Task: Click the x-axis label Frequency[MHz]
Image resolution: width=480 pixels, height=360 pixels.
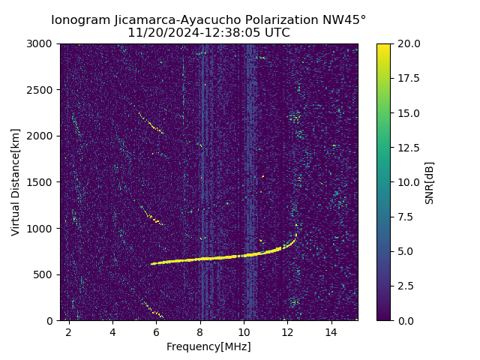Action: (208, 346)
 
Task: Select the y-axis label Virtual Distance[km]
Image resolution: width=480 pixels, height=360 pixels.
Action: (16, 181)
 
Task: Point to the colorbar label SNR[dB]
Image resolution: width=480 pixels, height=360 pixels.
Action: (430, 182)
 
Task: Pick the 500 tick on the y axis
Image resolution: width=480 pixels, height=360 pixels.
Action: (46, 274)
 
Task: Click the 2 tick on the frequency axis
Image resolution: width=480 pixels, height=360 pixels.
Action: (69, 331)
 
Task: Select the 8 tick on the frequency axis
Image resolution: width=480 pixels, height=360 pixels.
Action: (200, 331)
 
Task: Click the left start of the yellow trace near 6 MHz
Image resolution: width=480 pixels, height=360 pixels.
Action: (152, 263)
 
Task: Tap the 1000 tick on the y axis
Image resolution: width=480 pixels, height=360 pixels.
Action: (43, 228)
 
